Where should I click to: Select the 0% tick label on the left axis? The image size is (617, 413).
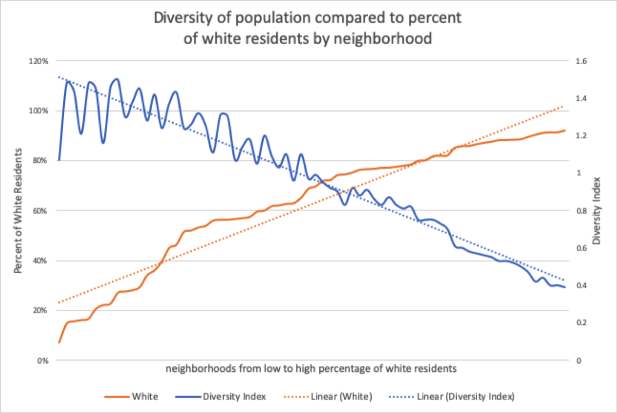pos(44,361)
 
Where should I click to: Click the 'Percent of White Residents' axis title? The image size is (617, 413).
pos(18,211)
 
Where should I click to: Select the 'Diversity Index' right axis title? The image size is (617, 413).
pos(597,211)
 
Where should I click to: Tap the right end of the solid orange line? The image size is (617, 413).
pos(565,130)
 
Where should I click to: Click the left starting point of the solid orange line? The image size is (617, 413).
pos(60,342)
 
